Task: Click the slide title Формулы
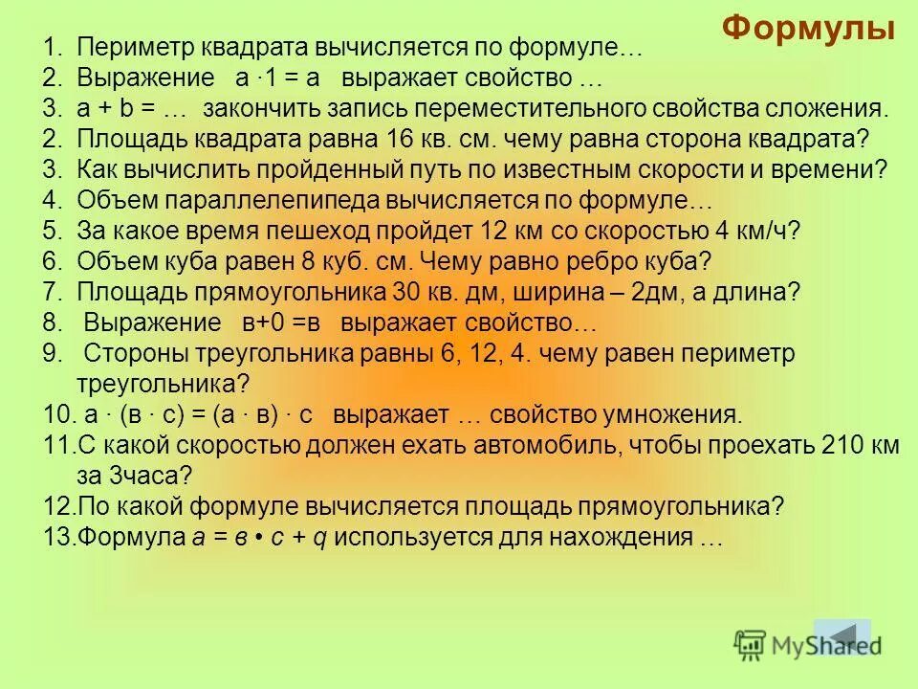tap(808, 29)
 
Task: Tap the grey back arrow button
tap(841, 636)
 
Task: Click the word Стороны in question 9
tap(142, 353)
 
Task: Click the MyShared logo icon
tap(752, 645)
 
